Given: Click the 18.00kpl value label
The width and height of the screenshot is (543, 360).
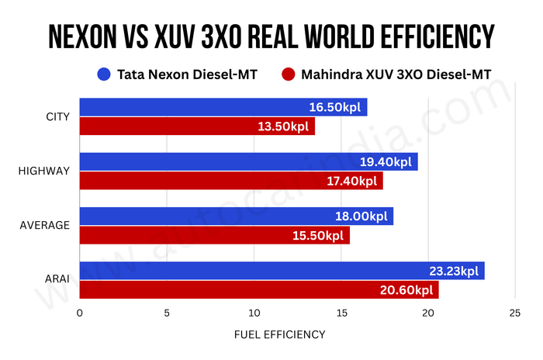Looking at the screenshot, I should coord(362,216).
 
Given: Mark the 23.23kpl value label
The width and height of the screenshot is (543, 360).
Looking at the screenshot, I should coord(454,272).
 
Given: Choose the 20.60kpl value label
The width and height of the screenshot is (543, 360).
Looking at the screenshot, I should coord(408,290).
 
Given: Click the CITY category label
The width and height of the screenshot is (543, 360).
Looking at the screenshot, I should coord(58,117).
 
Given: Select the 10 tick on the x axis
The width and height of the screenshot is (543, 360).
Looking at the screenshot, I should coord(254,313).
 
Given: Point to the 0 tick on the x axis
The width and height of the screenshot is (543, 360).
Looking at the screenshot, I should coord(80,313).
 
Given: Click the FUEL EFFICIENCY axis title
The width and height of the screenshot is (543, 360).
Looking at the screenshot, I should coord(279,334).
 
